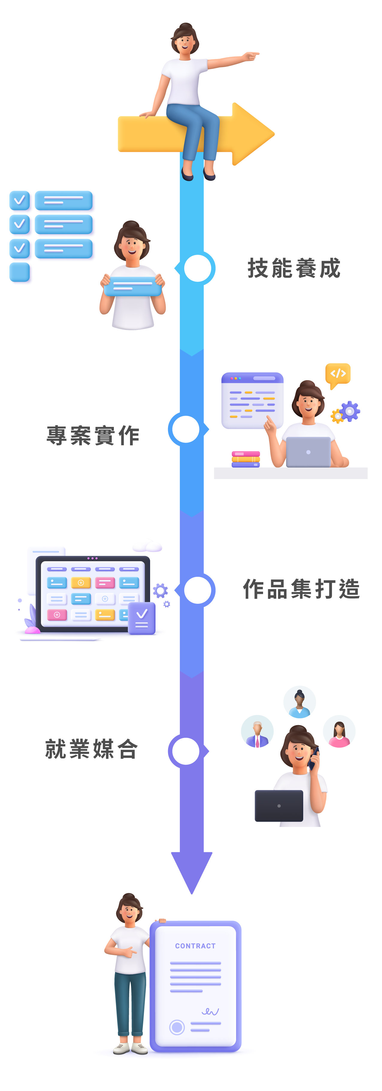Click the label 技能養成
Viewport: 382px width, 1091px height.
point(294,268)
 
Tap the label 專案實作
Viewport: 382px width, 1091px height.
point(93,435)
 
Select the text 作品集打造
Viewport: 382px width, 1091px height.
point(301,589)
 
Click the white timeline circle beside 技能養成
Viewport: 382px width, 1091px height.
point(197,268)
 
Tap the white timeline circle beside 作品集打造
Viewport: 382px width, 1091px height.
point(197,590)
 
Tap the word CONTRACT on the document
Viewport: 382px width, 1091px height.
point(195,946)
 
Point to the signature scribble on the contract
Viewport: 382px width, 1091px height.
point(210,1011)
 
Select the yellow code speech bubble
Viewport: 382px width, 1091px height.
point(338,374)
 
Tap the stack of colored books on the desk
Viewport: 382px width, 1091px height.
point(246,459)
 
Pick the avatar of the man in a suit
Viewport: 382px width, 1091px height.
point(257,731)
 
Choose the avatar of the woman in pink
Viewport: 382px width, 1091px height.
point(339,731)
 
